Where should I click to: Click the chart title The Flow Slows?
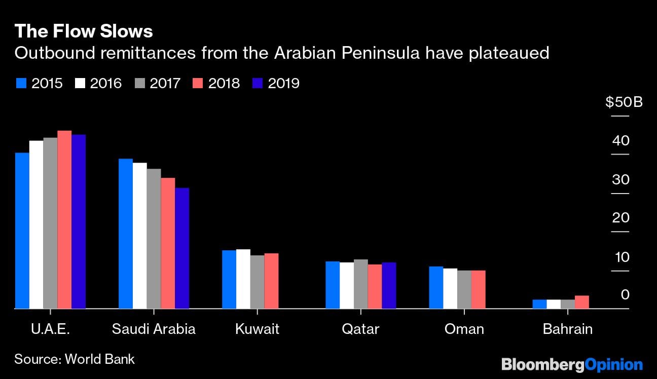pyautogui.click(x=84, y=31)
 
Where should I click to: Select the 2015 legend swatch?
pyautogui.click(x=21, y=83)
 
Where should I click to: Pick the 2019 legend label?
pyautogui.click(x=283, y=83)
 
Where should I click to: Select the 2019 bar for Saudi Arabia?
pyautogui.click(x=182, y=248)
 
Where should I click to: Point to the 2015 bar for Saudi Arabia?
pyautogui.click(x=125, y=234)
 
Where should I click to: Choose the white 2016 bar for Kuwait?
pyautogui.click(x=243, y=279)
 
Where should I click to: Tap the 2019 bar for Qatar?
pyautogui.click(x=389, y=285)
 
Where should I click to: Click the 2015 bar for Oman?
pyautogui.click(x=436, y=287)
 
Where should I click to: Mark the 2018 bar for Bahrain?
pyautogui.click(x=581, y=302)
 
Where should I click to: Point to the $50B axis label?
pyautogui.click(x=624, y=102)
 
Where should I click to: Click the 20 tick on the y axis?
pyautogui.click(x=620, y=218)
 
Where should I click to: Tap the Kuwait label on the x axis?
pyautogui.click(x=257, y=329)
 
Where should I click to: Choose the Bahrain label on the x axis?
pyautogui.click(x=567, y=329)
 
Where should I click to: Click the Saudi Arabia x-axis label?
pyautogui.click(x=154, y=329)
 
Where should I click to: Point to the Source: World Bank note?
pyautogui.click(x=75, y=359)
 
